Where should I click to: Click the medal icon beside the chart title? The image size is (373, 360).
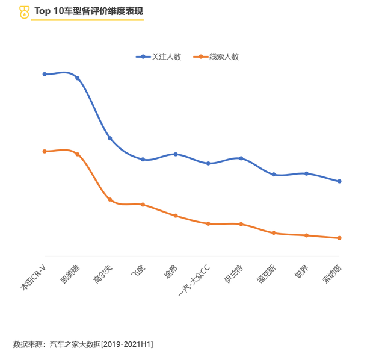click(x=24, y=11)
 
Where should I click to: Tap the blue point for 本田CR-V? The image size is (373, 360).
click(x=45, y=74)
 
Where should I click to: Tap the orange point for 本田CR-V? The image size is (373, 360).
click(x=45, y=151)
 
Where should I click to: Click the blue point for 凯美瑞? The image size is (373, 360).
click(x=78, y=78)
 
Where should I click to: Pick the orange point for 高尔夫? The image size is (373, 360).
click(x=110, y=199)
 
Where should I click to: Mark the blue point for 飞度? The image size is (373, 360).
click(x=143, y=160)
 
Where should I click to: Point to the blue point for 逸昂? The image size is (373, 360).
click(x=176, y=154)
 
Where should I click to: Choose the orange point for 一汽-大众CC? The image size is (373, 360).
click(x=208, y=223)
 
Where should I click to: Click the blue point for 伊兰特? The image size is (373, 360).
click(x=241, y=158)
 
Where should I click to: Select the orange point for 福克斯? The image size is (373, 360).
click(x=274, y=232)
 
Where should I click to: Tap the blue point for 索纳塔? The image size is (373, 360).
click(x=339, y=181)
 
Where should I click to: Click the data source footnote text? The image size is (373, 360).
click(x=83, y=344)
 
